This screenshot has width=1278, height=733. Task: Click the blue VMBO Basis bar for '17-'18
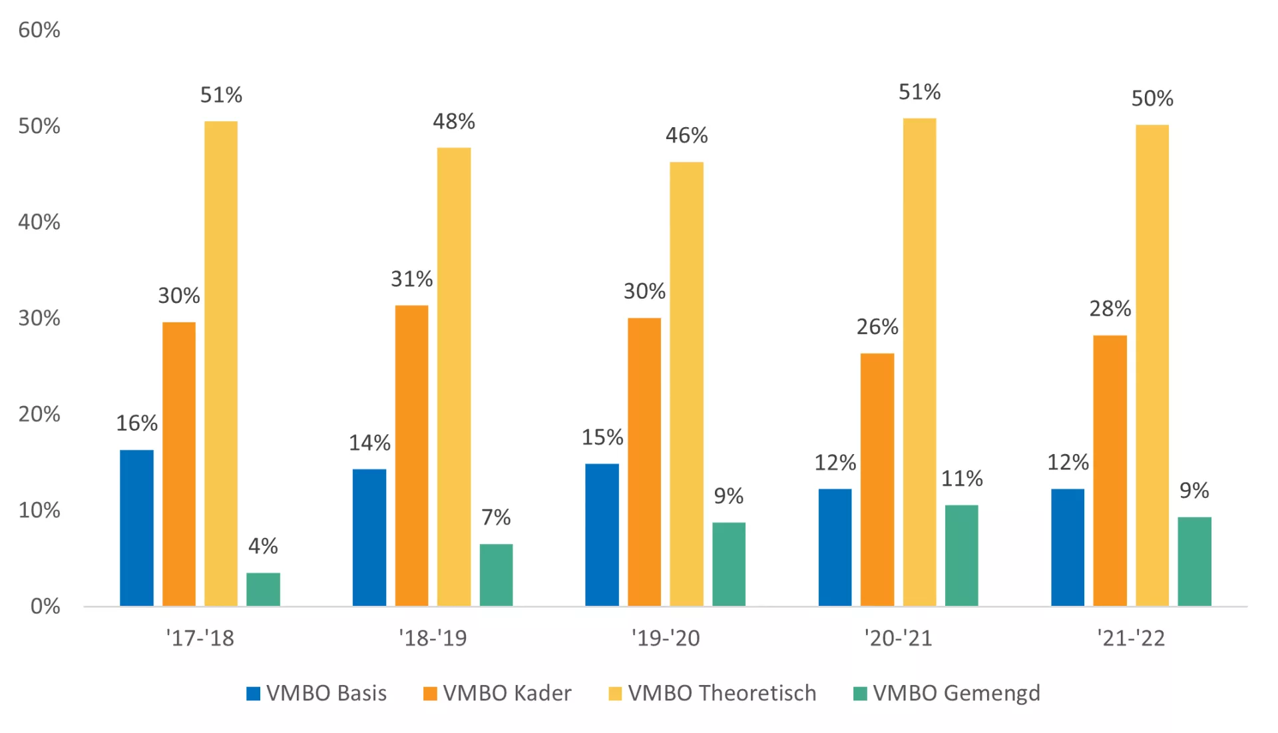136,527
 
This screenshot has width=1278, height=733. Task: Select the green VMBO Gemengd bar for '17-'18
263,589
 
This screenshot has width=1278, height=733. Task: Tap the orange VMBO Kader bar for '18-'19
411,455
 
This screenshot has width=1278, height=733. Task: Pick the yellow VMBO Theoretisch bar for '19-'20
686,383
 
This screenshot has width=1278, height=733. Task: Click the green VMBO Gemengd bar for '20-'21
961,555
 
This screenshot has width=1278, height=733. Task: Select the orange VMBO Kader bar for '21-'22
1110,470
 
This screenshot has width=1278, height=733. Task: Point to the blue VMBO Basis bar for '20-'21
835,547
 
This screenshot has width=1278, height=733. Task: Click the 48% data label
454,122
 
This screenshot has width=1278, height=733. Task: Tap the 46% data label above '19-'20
686,136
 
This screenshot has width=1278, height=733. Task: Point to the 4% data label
263,547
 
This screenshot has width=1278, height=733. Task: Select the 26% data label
877,327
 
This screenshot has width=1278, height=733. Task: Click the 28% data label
1110,309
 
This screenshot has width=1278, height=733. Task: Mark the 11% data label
961,479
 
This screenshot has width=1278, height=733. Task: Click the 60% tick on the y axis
39,30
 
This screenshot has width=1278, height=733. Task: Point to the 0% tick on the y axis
45,607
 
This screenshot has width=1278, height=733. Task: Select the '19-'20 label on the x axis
666,638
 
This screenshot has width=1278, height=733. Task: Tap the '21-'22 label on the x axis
1131,638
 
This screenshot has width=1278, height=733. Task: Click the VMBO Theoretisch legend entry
712,694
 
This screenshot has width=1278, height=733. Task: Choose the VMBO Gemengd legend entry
947,694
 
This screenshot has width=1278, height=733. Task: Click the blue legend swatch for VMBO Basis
253,694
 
